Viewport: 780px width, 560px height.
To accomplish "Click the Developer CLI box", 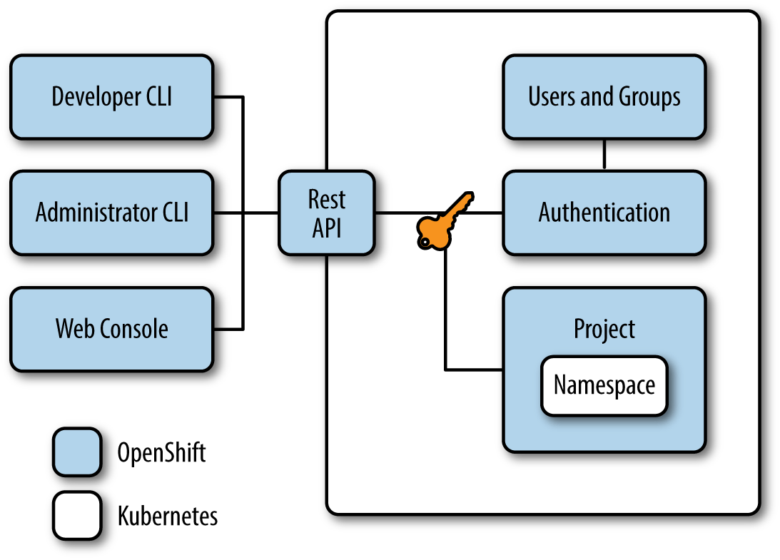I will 111,96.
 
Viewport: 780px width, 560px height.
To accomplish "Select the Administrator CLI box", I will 111,213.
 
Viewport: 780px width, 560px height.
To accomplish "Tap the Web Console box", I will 111,329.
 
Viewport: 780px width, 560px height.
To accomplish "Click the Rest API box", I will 326,213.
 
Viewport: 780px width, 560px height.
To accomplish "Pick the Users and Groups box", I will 604,96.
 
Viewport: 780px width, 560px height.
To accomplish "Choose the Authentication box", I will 604,213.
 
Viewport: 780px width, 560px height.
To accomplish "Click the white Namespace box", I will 604,385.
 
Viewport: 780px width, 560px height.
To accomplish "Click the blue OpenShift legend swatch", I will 76,452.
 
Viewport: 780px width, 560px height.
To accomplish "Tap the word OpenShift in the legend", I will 161,452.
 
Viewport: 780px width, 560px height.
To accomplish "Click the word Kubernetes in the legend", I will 167,515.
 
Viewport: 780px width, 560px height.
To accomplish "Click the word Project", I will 604,329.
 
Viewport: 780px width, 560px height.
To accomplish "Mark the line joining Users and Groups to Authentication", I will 604,154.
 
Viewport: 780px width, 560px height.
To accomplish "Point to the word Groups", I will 649,97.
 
